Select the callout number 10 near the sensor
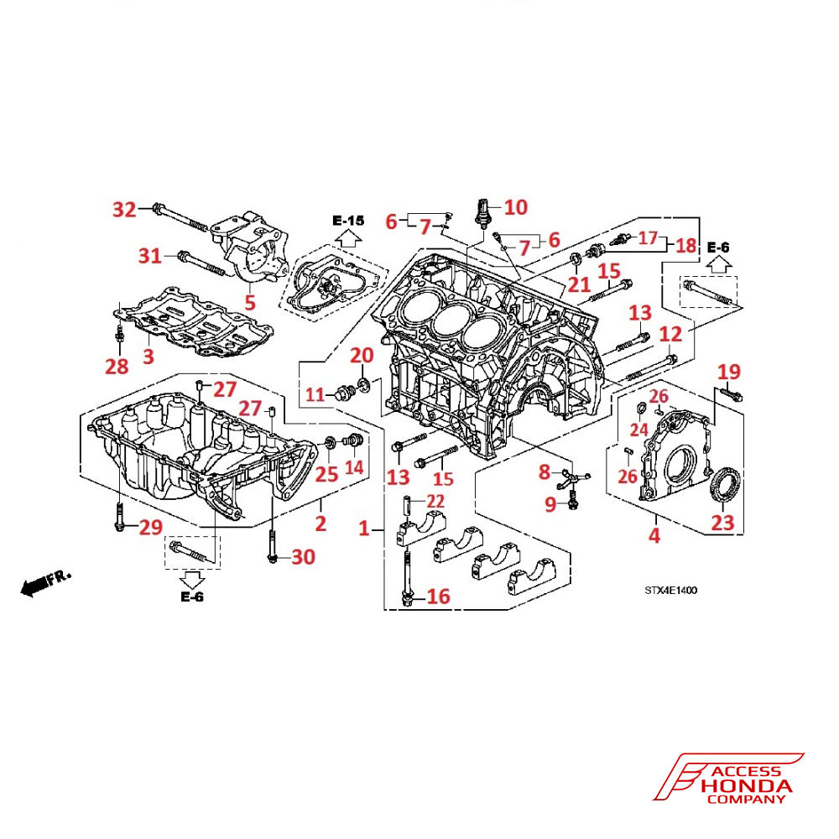coord(515,206)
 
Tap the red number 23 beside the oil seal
coord(722,524)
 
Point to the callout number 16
coord(438,597)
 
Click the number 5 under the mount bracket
coord(248,300)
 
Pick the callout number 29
coord(149,528)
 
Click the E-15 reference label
coord(348,221)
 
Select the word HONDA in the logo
coord(748,786)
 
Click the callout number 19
coord(729,371)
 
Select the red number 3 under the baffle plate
coord(149,356)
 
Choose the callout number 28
coord(117,366)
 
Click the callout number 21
coord(580,284)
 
